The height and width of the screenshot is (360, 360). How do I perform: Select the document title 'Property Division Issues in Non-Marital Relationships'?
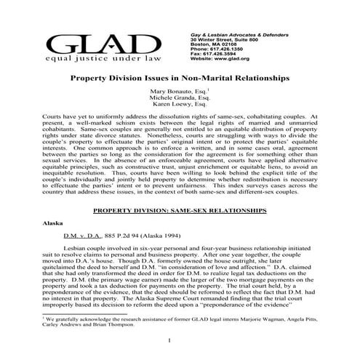click(180, 76)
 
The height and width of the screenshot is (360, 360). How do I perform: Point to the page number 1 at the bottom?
click(169, 340)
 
